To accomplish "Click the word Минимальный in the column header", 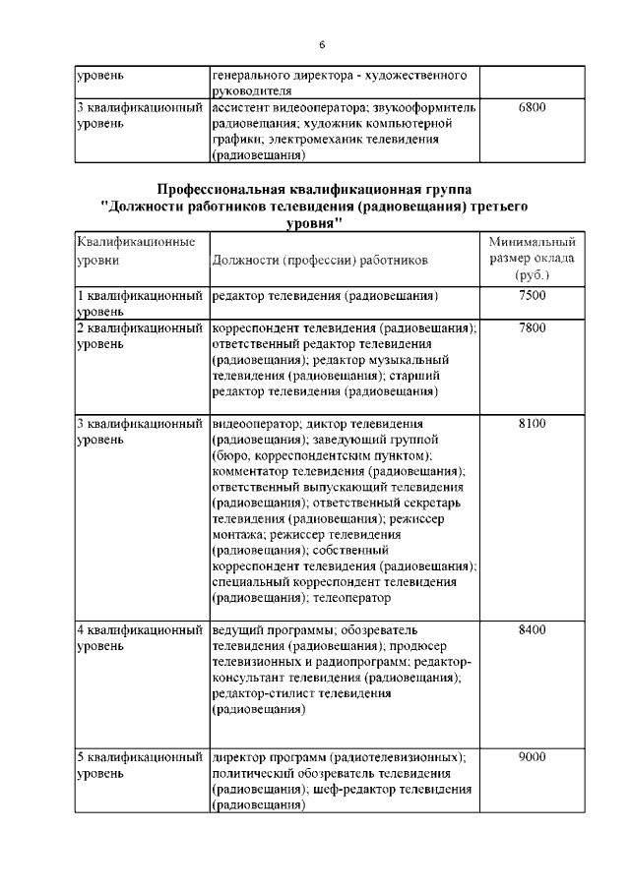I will click(x=532, y=242).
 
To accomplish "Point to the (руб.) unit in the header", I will click(x=532, y=276).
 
